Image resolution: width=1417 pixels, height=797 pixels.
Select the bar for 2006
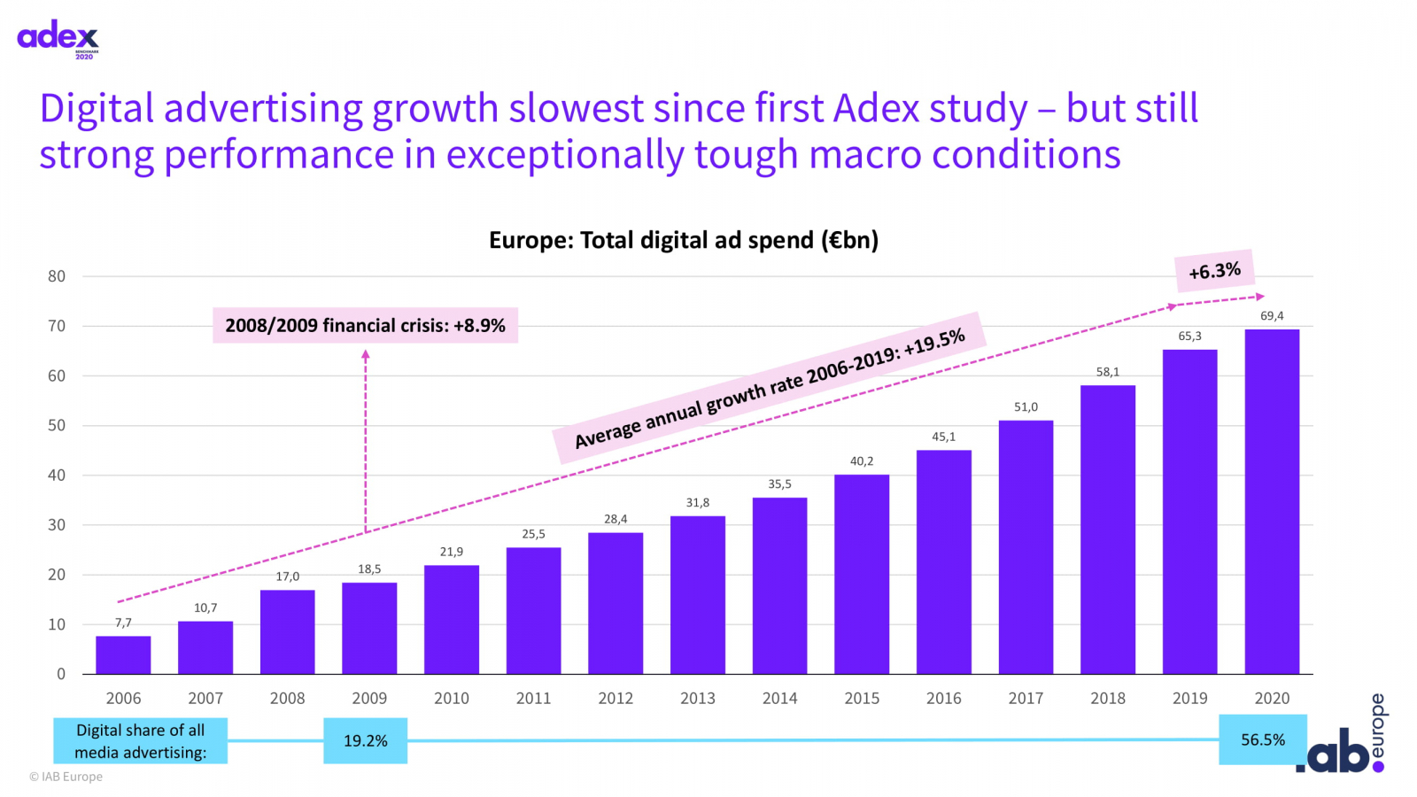[123, 654]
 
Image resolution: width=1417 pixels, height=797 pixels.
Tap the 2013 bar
[698, 594]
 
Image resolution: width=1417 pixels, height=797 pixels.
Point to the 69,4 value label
[1272, 316]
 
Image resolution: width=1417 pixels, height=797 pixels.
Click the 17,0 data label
[287, 576]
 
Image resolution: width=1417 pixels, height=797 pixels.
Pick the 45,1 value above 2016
[943, 437]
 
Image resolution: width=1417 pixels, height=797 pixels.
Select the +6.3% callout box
[1214, 271]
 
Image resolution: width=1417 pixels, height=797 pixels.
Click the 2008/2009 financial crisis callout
[365, 325]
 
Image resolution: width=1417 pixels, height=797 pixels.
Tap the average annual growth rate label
[769, 388]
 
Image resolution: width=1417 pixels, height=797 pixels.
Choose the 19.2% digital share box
[365, 740]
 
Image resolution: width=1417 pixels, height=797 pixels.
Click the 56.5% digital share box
[1262, 739]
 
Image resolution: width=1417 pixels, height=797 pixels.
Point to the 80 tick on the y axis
[57, 276]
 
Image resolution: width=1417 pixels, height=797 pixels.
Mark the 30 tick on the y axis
[57, 525]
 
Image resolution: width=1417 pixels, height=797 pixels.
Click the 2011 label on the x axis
[533, 699]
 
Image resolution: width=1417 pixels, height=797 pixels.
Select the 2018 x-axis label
[1107, 699]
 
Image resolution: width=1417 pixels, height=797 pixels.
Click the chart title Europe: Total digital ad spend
[683, 240]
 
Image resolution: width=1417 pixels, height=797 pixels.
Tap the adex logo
[58, 38]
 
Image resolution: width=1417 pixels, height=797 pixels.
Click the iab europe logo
[1342, 739]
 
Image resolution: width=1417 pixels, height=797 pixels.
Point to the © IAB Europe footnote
[66, 777]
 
